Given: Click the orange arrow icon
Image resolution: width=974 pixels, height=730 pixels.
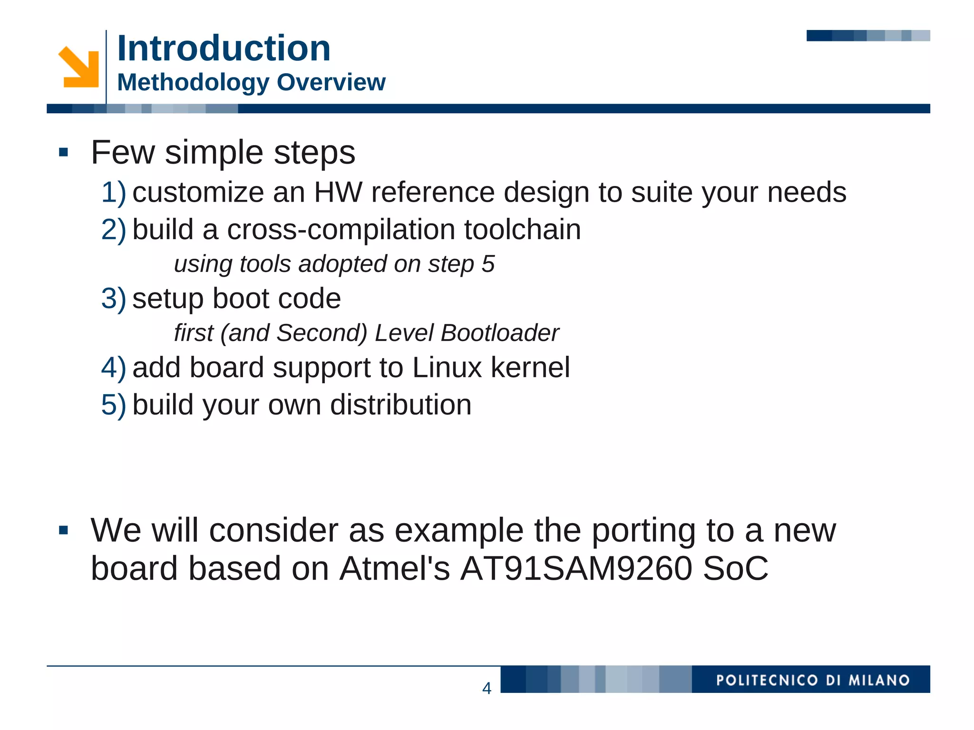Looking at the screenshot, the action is pyautogui.click(x=79, y=67).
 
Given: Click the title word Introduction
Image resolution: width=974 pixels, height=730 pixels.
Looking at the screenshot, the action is pyautogui.click(x=224, y=48).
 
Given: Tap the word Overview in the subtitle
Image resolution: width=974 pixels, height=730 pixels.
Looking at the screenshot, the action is pyautogui.click(x=331, y=82).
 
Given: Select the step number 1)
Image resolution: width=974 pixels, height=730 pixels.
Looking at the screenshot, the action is pyautogui.click(x=114, y=193).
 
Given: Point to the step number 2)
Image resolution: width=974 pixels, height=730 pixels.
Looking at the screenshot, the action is pyautogui.click(x=114, y=230).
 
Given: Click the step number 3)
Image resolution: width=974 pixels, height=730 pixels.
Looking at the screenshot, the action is pyautogui.click(x=114, y=299).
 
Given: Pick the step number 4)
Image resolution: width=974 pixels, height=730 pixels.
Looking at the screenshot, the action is pyautogui.click(x=114, y=368).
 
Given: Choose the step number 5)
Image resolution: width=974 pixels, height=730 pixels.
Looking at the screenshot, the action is pyautogui.click(x=114, y=405).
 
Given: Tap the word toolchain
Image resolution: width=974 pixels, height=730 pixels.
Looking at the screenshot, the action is pyautogui.click(x=523, y=229).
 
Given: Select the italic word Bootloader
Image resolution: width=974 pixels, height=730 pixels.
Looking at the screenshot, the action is pyautogui.click(x=500, y=332).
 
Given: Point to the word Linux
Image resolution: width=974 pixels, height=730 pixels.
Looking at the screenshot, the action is pyautogui.click(x=447, y=367).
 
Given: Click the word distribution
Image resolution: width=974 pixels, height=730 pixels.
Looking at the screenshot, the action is pyautogui.click(x=400, y=405).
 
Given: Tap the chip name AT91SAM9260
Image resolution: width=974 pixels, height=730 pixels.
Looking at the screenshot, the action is pyautogui.click(x=576, y=568).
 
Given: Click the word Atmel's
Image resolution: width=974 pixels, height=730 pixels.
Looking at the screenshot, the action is pyautogui.click(x=394, y=568).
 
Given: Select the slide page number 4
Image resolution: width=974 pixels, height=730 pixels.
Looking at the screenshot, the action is pyautogui.click(x=487, y=688).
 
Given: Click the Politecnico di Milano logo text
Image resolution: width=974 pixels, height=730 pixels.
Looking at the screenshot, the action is pyautogui.click(x=813, y=680).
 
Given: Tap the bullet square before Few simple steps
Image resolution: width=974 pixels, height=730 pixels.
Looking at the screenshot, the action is pyautogui.click(x=63, y=153).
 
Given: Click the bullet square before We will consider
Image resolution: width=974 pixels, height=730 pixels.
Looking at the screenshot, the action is pyautogui.click(x=63, y=530).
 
